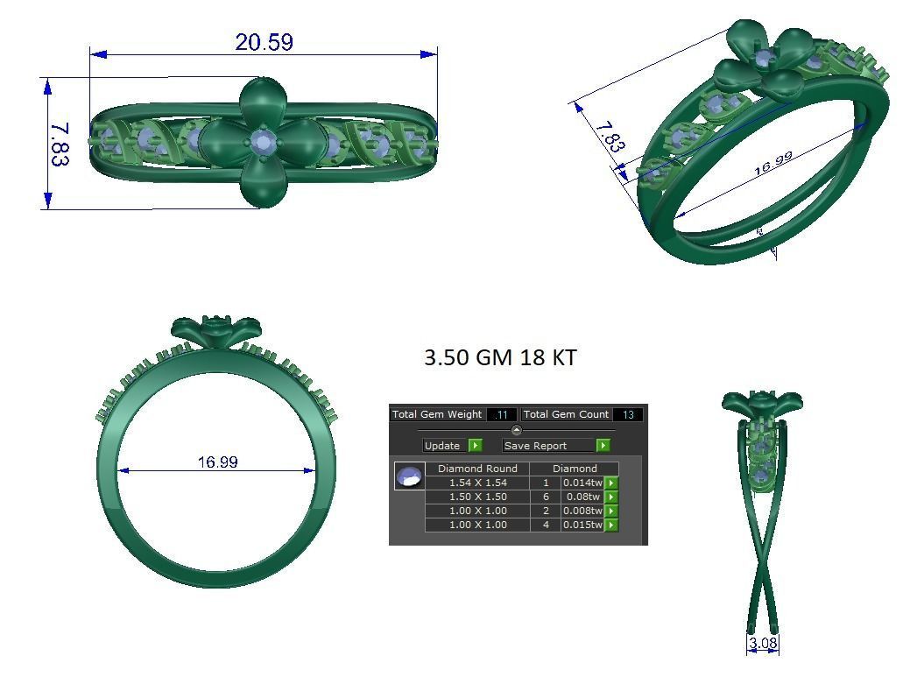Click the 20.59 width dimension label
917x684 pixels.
(264, 42)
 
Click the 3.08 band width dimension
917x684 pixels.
(763, 644)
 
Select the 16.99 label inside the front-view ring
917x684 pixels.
(217, 462)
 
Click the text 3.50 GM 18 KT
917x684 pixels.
(500, 357)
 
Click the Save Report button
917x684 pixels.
(535, 445)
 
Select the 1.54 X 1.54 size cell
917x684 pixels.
(477, 483)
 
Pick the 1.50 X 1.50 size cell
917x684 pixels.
(477, 497)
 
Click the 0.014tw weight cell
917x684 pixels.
(582, 483)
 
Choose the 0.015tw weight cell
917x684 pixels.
(582, 525)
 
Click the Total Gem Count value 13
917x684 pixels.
(628, 414)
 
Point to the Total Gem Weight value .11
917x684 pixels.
(502, 414)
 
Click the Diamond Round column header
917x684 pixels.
(477, 469)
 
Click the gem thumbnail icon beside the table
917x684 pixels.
(409, 476)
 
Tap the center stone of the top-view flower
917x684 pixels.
(263, 142)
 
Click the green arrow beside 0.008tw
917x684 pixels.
(611, 511)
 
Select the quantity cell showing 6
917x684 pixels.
(546, 497)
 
